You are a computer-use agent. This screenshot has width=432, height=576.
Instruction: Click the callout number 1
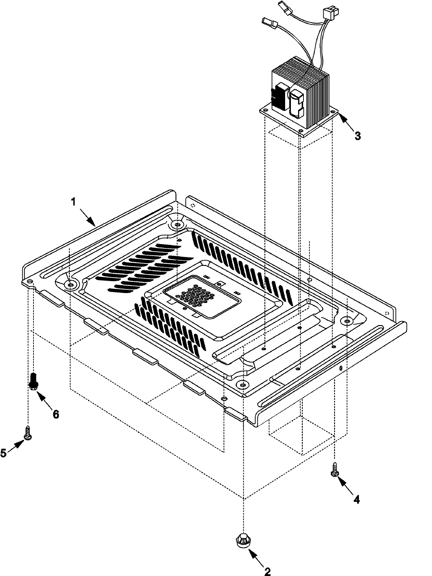(x=73, y=202)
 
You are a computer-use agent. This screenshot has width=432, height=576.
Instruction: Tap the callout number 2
(x=267, y=571)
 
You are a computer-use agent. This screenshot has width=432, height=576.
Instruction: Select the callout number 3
(x=357, y=136)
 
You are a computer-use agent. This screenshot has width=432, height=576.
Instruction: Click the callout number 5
(x=3, y=453)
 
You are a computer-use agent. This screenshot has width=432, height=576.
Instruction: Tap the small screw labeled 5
(x=27, y=432)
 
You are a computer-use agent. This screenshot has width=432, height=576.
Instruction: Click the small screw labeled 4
(x=334, y=470)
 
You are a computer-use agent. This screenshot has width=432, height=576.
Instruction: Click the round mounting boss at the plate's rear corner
(x=176, y=225)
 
